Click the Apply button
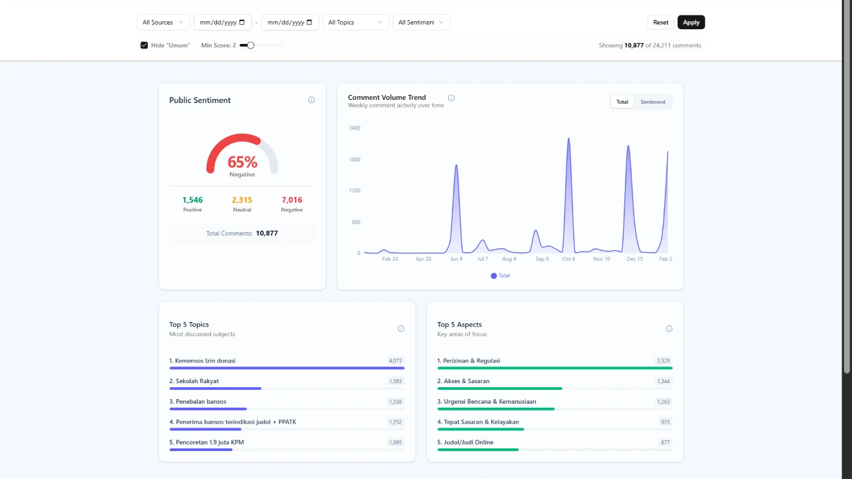tap(691, 23)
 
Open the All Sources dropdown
tap(163, 23)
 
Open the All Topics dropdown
tap(355, 23)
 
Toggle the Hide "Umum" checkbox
tap(144, 45)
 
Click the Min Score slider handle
tap(250, 45)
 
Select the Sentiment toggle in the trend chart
tap(652, 102)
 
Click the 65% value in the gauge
tap(242, 162)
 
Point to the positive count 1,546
tap(192, 200)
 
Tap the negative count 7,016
tap(292, 200)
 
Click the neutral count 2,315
tap(242, 200)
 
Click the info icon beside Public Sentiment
tap(312, 100)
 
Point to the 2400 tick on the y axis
tap(354, 128)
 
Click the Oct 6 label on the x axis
tap(568, 259)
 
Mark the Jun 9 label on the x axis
tap(456, 259)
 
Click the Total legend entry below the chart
tap(501, 275)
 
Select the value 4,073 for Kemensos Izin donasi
tap(395, 361)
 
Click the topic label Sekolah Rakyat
tap(197, 381)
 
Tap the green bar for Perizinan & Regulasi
tap(554, 368)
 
